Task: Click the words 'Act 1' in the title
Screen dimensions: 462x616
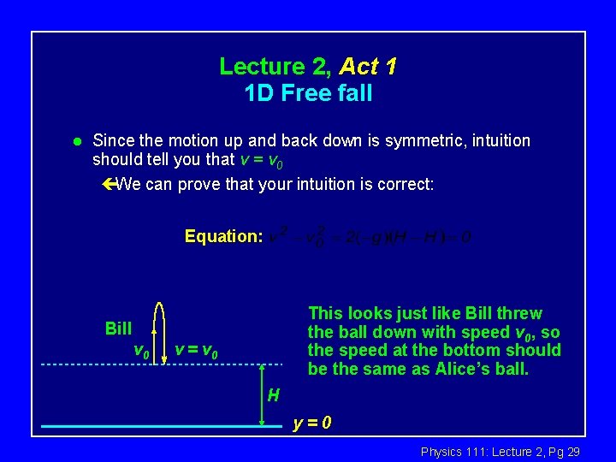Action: click(x=368, y=66)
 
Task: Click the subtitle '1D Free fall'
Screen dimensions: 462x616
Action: click(x=308, y=93)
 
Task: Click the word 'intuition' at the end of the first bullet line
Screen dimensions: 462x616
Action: click(x=494, y=140)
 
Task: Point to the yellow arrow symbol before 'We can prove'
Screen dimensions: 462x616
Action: click(x=107, y=184)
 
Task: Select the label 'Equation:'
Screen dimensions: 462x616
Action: click(x=223, y=236)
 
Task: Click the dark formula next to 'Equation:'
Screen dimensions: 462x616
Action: click(x=370, y=236)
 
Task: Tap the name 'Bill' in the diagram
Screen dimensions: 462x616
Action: click(x=118, y=329)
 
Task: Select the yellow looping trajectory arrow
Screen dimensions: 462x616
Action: click(x=160, y=330)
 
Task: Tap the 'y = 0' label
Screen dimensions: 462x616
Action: click(x=312, y=423)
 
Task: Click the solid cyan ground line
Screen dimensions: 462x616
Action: click(x=145, y=425)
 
